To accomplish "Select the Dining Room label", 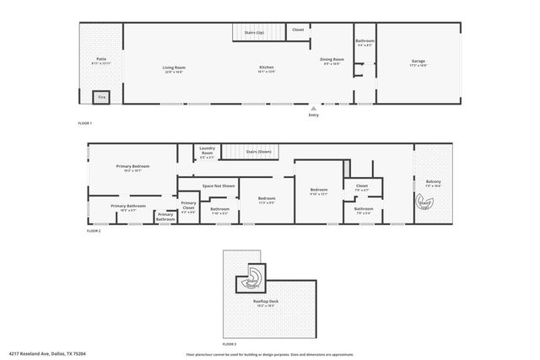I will pos(331,59).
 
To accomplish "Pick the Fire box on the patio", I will pos(101,97).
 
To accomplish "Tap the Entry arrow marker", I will pos(313,108).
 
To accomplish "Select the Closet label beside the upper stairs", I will pos(298,30).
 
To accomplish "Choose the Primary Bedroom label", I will pos(132,166).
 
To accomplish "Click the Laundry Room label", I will pos(208,151).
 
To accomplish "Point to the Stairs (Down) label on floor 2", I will pos(258,152).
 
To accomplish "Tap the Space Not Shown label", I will pos(219,185).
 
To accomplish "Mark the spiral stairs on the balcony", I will pos(426,201).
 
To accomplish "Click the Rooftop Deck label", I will pos(266,301).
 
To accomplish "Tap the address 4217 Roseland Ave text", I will pos(34,353).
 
